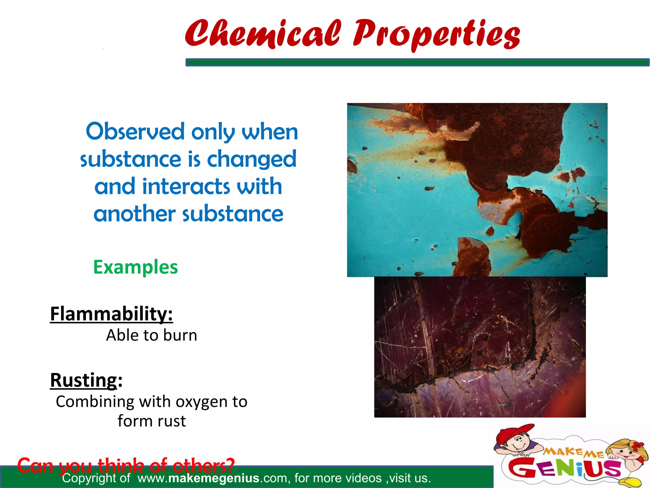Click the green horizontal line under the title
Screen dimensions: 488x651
pyautogui.click(x=417, y=62)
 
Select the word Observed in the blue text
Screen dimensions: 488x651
pyautogui.click(x=135, y=132)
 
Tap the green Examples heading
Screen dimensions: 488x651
pyautogui.click(x=135, y=267)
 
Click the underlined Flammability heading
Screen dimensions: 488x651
pyautogui.click(x=111, y=314)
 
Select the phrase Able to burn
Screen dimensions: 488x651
pyautogui.click(x=152, y=335)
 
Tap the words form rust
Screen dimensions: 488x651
pyautogui.click(x=152, y=421)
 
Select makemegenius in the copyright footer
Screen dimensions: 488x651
pyautogui.click(x=214, y=478)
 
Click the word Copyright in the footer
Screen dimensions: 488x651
pyautogui.click(x=89, y=478)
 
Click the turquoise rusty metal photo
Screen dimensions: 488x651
pyautogui.click(x=477, y=190)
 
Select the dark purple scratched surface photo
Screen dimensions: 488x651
pyautogui.click(x=480, y=347)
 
